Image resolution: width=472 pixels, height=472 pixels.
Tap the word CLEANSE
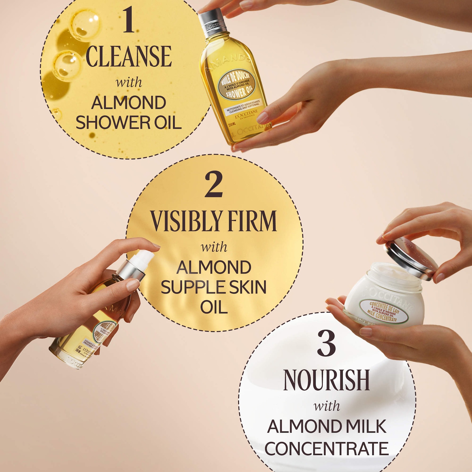tap(129, 57)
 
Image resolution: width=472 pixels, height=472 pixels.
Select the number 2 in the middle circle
tap(214, 184)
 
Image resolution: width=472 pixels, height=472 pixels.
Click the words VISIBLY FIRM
tap(213, 221)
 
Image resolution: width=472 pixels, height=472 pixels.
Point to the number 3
tap(326, 343)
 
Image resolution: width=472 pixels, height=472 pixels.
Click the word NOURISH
tap(326, 380)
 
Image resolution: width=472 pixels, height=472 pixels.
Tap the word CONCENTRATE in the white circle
tap(326, 448)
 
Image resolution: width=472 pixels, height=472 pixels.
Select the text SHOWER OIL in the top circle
tap(128, 123)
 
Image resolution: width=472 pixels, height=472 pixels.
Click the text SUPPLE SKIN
tap(214, 287)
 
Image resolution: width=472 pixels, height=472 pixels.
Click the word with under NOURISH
tap(327, 406)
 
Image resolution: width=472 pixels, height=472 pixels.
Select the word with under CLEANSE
tap(129, 82)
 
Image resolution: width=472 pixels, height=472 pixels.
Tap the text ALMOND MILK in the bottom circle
tap(326, 426)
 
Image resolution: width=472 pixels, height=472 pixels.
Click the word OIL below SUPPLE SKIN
tap(214, 307)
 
